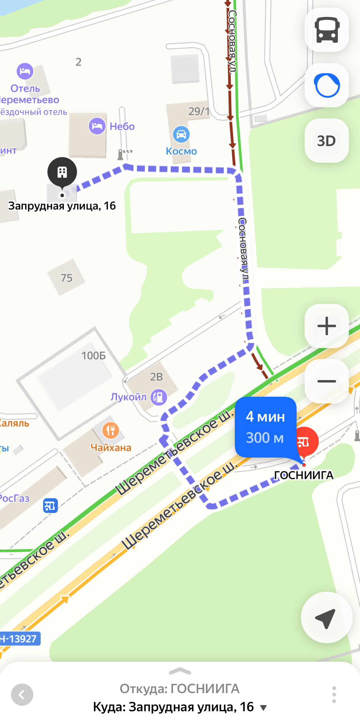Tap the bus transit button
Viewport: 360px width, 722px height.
[326, 30]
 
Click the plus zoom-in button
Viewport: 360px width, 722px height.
[326, 326]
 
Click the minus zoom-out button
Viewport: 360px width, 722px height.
[326, 381]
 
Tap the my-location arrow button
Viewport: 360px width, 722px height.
[326, 617]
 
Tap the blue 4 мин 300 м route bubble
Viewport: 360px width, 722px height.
[265, 427]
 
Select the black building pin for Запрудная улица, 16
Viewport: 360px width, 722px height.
[62, 172]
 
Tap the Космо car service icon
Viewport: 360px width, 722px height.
[181, 134]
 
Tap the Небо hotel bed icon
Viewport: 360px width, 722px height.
[97, 126]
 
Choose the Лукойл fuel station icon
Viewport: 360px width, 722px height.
[159, 397]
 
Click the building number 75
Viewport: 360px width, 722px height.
[66, 278]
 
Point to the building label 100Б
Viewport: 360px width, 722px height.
[93, 356]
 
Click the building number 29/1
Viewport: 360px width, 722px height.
[199, 111]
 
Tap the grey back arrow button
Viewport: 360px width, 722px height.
[22, 694]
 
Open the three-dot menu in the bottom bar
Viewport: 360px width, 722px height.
[334, 694]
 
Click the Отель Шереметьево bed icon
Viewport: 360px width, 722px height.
[25, 71]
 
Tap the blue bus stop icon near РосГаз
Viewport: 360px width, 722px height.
[50, 506]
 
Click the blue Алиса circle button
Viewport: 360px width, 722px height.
[326, 85]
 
